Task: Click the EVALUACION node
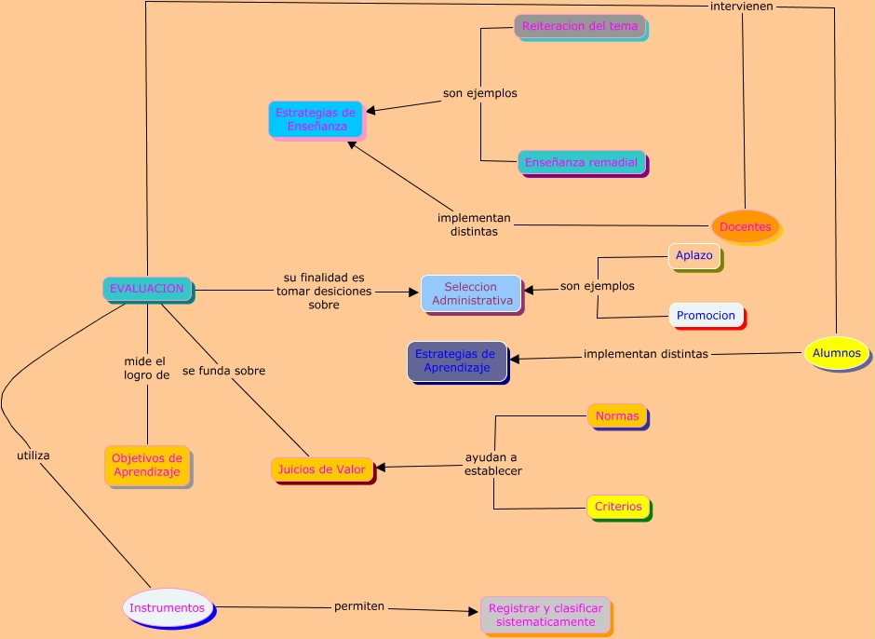click(x=147, y=289)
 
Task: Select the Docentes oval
click(x=745, y=227)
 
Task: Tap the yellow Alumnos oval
click(x=837, y=354)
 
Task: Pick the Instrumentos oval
click(x=168, y=607)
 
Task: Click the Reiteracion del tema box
click(x=580, y=26)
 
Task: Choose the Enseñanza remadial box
click(x=581, y=162)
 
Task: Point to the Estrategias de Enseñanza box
click(x=316, y=119)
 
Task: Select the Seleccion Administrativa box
click(x=472, y=293)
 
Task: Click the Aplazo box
click(x=694, y=255)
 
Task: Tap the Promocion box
click(x=706, y=315)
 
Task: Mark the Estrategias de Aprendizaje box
click(x=456, y=360)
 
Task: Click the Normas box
click(x=617, y=415)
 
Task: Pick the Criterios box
click(x=618, y=507)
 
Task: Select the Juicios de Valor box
click(x=322, y=469)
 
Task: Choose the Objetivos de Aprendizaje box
click(x=147, y=465)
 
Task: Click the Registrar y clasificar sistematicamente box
click(x=545, y=615)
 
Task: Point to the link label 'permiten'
click(x=359, y=606)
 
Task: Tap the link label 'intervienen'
click(x=742, y=6)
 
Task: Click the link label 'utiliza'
click(x=34, y=455)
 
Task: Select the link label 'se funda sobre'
click(x=223, y=371)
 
